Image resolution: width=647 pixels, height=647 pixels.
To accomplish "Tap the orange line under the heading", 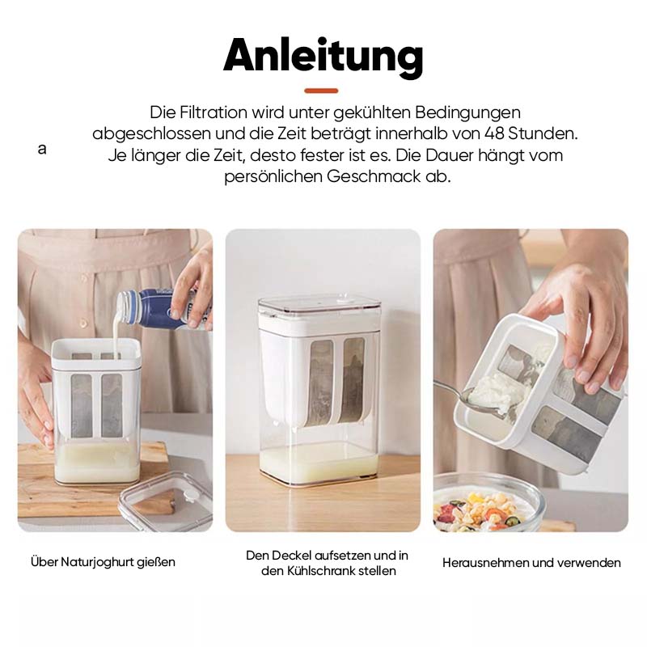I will click(322, 90).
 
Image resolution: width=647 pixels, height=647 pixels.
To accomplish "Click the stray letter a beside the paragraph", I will click(42, 150).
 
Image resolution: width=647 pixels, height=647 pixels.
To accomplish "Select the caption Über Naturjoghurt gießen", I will click(103, 561).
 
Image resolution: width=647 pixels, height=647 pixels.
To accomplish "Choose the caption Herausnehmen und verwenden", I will click(531, 562).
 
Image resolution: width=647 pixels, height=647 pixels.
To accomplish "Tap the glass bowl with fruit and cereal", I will click(485, 505).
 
